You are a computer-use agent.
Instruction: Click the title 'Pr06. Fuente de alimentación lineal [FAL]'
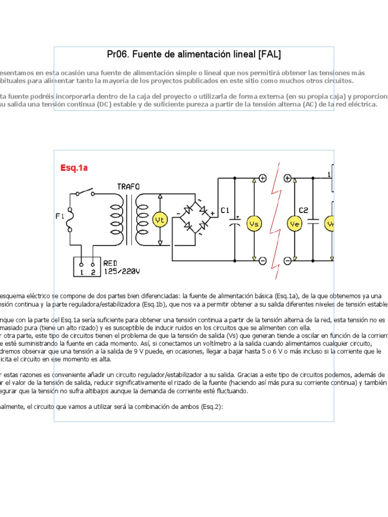194,54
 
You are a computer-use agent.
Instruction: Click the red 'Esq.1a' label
74,168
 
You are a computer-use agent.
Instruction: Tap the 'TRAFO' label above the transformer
128,186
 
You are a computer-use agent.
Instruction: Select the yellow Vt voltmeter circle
160,220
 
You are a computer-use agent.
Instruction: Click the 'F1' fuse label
60,217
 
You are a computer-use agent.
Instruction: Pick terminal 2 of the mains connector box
92,272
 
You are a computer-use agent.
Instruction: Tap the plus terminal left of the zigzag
263,178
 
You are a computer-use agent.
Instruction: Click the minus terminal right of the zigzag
287,261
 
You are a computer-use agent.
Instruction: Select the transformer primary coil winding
117,219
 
